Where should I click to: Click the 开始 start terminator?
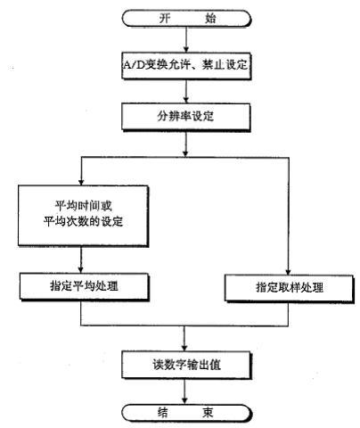pyautogui.click(x=186, y=19)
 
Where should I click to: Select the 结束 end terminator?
pyautogui.click(x=186, y=413)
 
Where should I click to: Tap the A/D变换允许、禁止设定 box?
pyautogui.click(x=186, y=66)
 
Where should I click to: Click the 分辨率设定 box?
pyautogui.click(x=186, y=117)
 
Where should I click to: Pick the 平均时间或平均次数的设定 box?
pyautogui.click(x=83, y=216)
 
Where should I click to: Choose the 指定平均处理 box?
pyautogui.click(x=85, y=286)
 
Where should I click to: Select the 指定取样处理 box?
pyautogui.click(x=290, y=288)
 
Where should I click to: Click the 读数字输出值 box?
pyautogui.click(x=186, y=365)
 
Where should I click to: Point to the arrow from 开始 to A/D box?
pyautogui.click(x=186, y=40)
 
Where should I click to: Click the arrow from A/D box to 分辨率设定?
pyautogui.click(x=186, y=91)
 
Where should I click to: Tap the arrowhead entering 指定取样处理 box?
pyautogui.click(x=288, y=272)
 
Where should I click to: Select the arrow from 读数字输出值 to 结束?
pyautogui.click(x=184, y=391)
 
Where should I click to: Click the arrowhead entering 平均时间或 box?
pyautogui.click(x=81, y=182)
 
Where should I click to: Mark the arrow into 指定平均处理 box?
pyautogui.click(x=81, y=259)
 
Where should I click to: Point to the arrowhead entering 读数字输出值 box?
pyautogui.click(x=184, y=348)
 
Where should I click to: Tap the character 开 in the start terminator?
pyautogui.click(x=165, y=19)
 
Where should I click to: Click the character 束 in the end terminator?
pyautogui.click(x=208, y=413)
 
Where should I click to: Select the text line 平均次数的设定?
pyautogui.click(x=84, y=222)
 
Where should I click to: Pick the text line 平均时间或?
pyautogui.click(x=84, y=206)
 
